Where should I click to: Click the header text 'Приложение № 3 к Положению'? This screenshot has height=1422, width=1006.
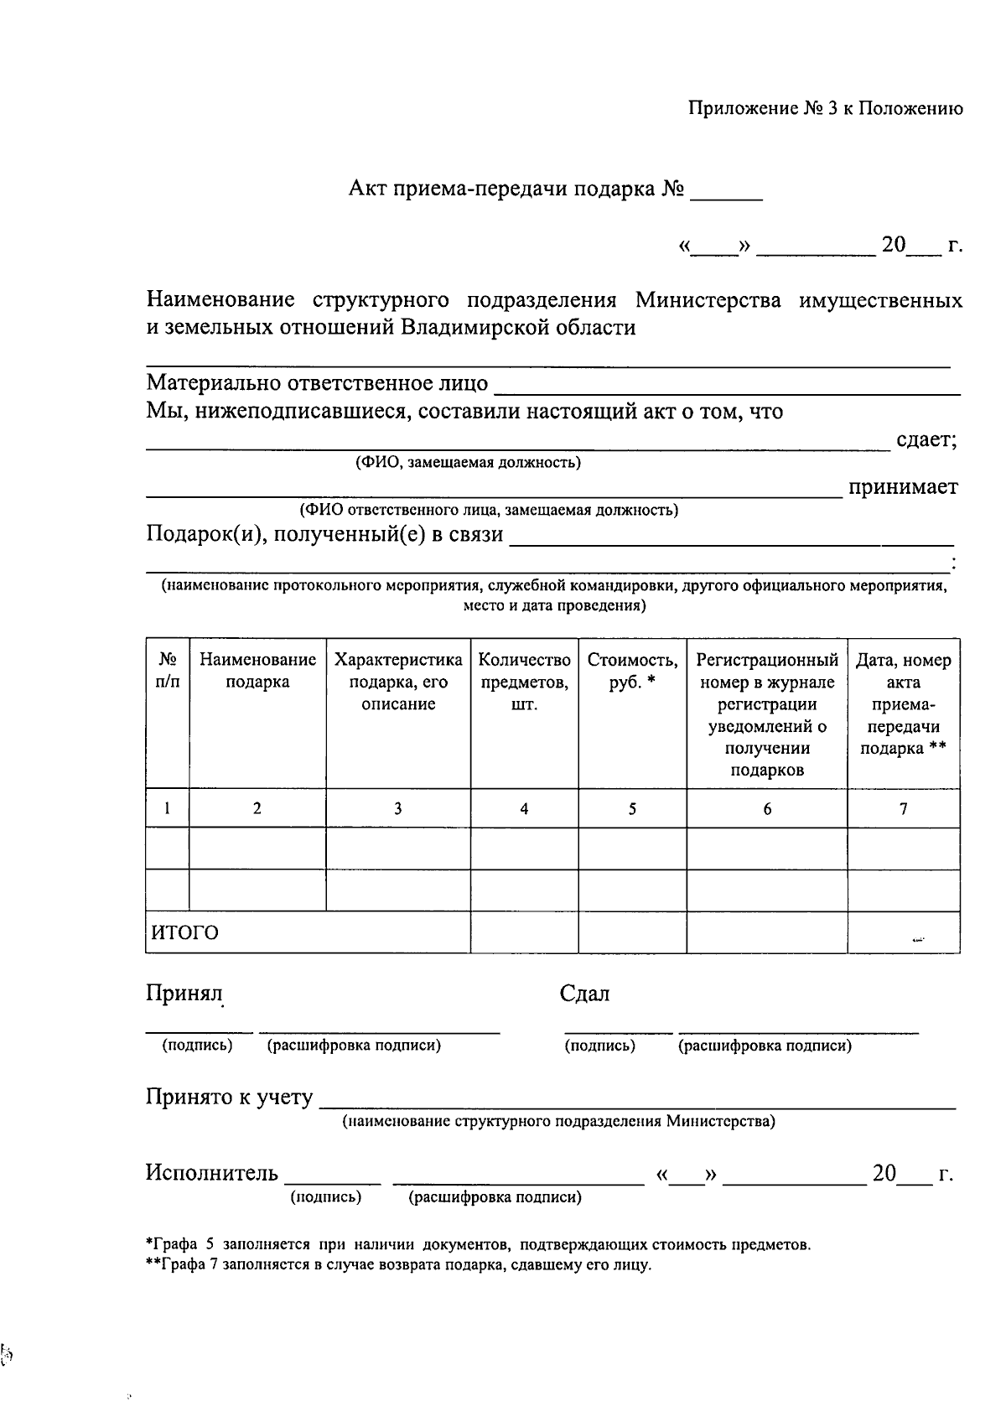pos(825,109)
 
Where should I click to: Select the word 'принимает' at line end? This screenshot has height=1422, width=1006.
pos(903,487)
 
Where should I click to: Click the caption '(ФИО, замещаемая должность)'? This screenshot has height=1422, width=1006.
pos(467,462)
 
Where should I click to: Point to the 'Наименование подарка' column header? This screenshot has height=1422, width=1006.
pos(257,671)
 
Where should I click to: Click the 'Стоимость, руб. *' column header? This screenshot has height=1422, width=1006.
pos(632,671)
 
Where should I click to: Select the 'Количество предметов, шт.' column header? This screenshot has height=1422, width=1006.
pos(524,682)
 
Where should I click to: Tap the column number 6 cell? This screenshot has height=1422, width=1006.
pos(767,809)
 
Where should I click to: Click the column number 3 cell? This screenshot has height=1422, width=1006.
pos(397,809)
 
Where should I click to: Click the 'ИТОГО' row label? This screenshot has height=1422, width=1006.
pos(184,932)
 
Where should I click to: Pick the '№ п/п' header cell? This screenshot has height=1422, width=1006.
pos(168,671)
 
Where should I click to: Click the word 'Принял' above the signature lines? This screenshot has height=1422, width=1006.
pos(184,994)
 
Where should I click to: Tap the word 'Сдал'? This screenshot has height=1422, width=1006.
pos(584,994)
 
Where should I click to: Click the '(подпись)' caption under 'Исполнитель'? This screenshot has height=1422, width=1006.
pos(325,1197)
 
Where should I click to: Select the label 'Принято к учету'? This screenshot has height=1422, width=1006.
pos(229,1097)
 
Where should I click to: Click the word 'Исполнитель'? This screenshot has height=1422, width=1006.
pos(211,1172)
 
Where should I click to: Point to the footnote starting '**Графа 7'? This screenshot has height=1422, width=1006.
pos(398,1265)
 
